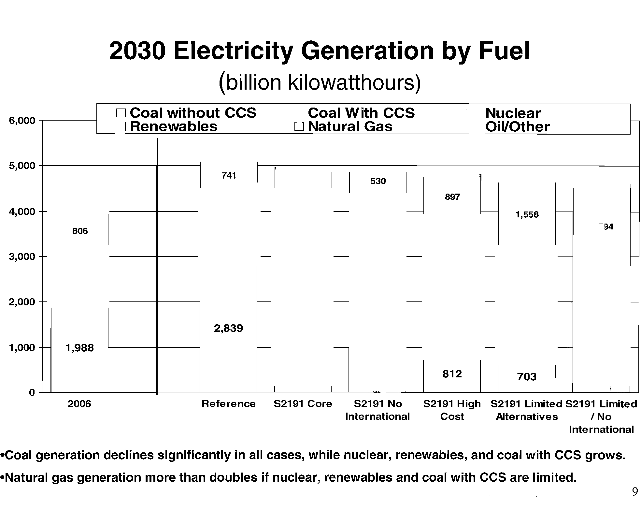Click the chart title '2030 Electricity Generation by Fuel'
320,51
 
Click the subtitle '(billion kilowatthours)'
320,83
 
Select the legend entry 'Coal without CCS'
193,113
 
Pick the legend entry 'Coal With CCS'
361,113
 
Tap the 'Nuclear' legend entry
513,113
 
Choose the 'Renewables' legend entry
173,126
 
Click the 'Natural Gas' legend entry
350,126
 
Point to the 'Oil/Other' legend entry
517,127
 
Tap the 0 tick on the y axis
32,392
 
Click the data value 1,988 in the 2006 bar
79,348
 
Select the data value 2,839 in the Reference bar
228,328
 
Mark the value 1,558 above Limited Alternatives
527,215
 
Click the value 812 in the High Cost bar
452,374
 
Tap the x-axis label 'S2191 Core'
303,404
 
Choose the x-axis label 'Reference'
228,404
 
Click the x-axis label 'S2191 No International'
377,410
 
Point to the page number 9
634,492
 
